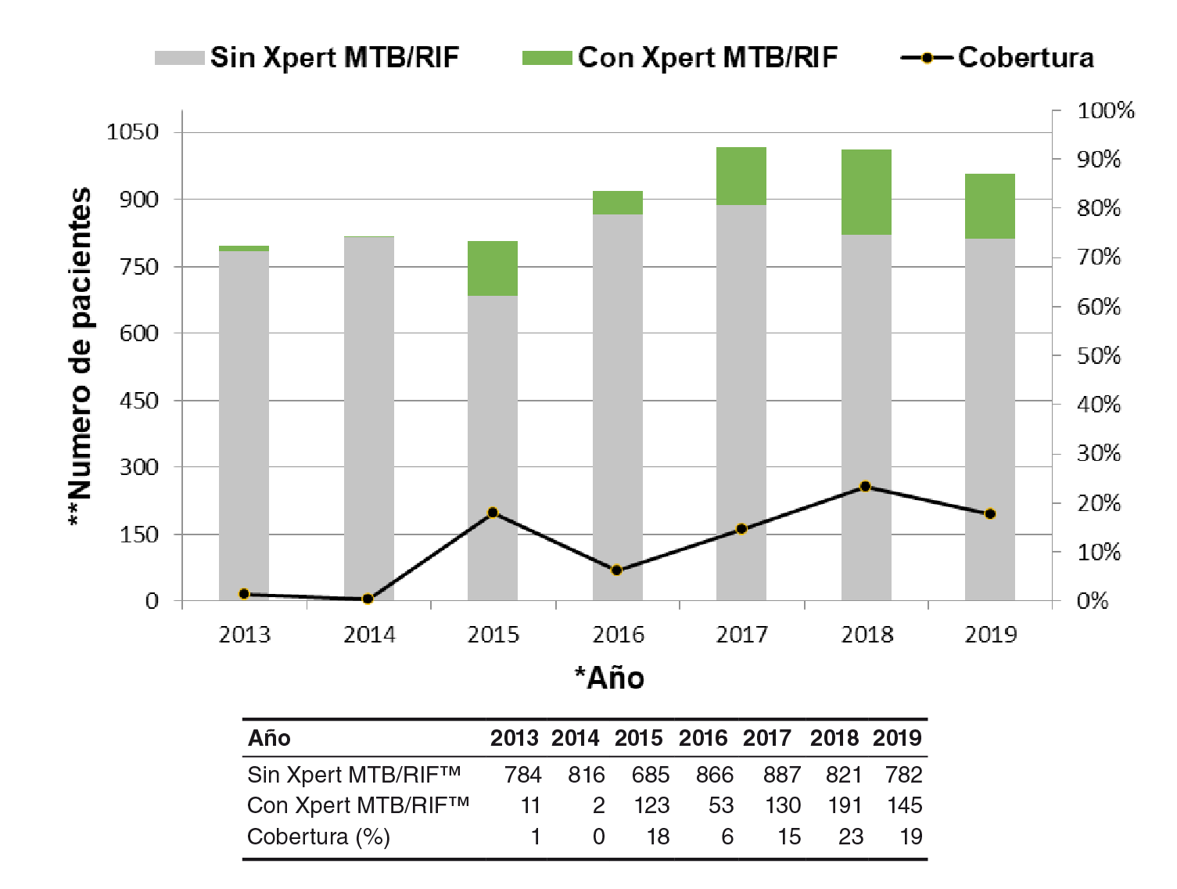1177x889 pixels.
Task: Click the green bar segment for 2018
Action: click(x=866, y=192)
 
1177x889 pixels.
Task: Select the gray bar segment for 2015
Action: click(x=493, y=446)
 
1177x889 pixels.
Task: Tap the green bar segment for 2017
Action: click(x=741, y=176)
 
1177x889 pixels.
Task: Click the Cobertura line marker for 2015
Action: click(x=493, y=513)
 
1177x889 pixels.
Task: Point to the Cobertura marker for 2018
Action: click(x=865, y=487)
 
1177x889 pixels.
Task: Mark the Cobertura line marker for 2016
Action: click(x=616, y=570)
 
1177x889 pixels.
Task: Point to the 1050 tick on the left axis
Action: click(x=132, y=131)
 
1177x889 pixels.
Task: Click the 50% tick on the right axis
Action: click(x=1099, y=356)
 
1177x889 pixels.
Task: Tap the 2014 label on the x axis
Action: click(x=369, y=635)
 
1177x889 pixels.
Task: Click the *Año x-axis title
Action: click(x=610, y=678)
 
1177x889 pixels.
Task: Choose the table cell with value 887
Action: click(x=782, y=775)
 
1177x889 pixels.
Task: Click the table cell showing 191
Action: click(x=845, y=805)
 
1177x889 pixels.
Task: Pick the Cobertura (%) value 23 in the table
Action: click(x=851, y=837)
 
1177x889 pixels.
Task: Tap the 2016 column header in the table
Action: click(x=703, y=738)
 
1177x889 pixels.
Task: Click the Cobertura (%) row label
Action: click(x=318, y=837)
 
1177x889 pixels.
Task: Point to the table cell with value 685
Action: click(x=651, y=775)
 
